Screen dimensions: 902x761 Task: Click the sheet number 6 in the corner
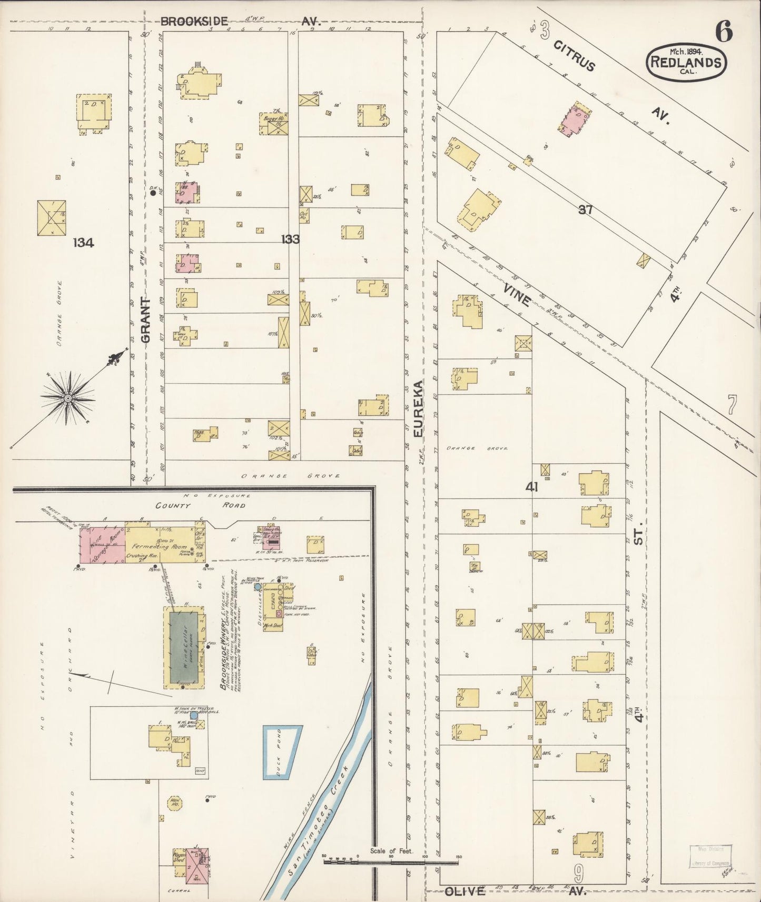point(724,33)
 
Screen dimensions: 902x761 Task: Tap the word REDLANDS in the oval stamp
point(686,62)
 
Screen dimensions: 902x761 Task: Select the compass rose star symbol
point(67,398)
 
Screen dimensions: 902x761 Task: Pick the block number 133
point(290,239)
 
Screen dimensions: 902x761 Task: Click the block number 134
point(84,243)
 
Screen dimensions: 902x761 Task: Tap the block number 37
point(586,210)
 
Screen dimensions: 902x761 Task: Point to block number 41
point(531,487)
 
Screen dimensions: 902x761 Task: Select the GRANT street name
point(146,320)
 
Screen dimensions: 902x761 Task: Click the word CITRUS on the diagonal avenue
point(574,55)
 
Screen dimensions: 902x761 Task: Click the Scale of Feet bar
point(390,861)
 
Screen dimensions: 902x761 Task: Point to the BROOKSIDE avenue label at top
point(194,22)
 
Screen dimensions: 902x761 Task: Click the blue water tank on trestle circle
point(194,715)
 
